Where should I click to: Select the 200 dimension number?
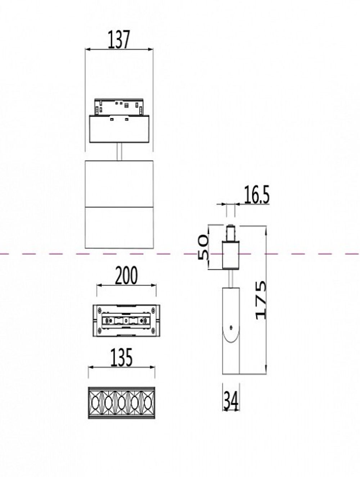point(126,276)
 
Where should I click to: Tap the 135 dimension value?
point(121,357)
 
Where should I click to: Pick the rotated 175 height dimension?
point(261,300)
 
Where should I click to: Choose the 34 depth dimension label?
point(231,400)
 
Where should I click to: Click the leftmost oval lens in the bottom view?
point(95,403)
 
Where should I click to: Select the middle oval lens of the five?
point(121,403)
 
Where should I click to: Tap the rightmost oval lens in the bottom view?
point(148,403)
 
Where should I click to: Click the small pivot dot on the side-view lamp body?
point(231,327)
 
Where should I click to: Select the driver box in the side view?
point(230,255)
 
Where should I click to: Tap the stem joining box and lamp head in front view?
point(120,151)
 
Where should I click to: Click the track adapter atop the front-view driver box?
point(119,106)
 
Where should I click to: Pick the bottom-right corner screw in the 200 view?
point(154,330)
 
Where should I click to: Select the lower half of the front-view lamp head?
point(119,227)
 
